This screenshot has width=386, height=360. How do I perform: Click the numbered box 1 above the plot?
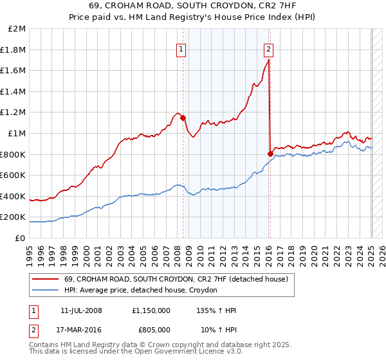pos(181,48)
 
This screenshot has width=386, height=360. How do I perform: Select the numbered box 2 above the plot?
pos(268,48)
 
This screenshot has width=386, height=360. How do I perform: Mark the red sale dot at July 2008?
pos(183,118)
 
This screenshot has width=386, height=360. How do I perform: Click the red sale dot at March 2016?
pos(270,154)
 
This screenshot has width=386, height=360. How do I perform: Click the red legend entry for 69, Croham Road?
pos(179,279)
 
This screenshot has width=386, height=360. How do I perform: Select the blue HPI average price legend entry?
pos(141,291)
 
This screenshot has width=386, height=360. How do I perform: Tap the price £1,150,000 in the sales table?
pos(151,310)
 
